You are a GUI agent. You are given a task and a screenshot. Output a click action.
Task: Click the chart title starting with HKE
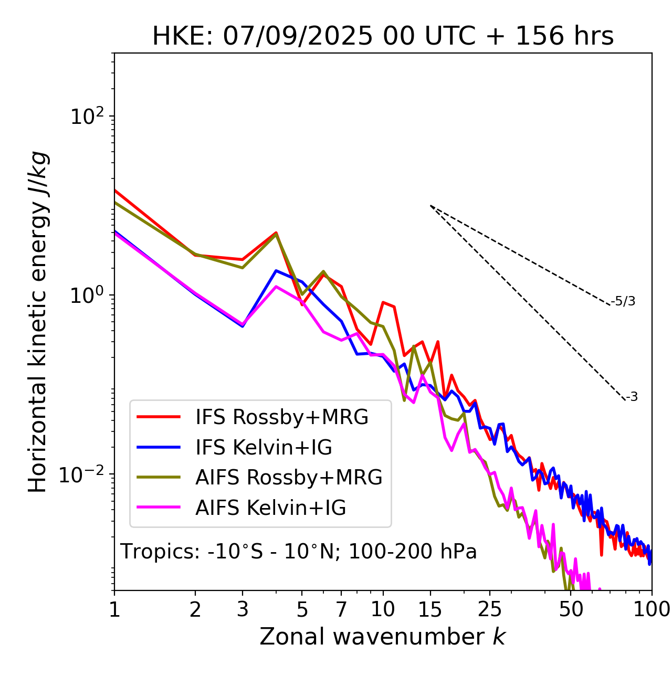coord(383,37)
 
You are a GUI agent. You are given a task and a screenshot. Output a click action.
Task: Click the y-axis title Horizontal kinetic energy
coord(38,322)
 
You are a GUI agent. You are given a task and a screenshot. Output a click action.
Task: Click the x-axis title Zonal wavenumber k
coord(383,637)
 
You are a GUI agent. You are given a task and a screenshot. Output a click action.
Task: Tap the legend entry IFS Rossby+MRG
coord(282,417)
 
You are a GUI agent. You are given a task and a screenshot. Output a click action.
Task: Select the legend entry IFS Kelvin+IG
coord(264,448)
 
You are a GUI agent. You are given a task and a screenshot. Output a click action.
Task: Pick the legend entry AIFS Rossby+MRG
coord(289,478)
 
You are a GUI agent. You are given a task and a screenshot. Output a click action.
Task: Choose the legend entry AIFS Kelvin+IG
coord(271,508)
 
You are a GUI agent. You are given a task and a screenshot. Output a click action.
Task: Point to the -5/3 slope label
coord(623,301)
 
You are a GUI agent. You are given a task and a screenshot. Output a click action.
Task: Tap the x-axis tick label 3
coord(243,609)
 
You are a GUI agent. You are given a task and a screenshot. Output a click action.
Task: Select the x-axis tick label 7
coord(342,609)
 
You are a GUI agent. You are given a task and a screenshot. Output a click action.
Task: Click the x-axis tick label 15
coord(430,609)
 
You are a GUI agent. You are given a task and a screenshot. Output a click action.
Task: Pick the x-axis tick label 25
coord(490,609)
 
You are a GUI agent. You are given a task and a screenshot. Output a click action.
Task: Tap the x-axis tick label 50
coord(571,609)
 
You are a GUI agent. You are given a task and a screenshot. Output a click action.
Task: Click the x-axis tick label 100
coord(652,609)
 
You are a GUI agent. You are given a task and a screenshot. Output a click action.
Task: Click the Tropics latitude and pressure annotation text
coord(298,552)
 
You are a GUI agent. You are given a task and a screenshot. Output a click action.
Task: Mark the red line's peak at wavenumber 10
coord(383,302)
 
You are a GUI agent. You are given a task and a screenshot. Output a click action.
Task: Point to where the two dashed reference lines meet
coord(430,205)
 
